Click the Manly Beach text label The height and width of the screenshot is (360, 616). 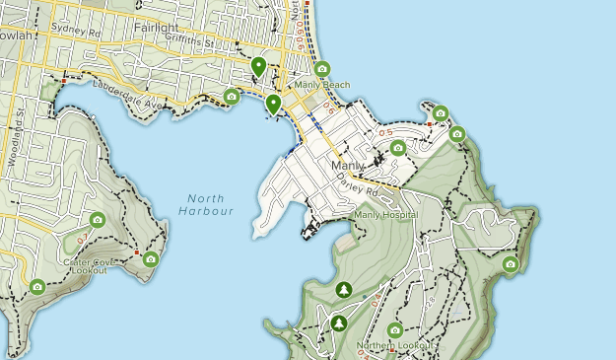coord(321,85)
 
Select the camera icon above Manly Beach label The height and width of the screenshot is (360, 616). coord(322,69)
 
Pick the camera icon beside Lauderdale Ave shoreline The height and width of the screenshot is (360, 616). coord(232,96)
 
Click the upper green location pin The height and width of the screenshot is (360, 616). coord(258,67)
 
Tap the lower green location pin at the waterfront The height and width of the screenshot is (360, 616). coord(273,103)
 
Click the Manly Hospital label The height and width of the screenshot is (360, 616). coord(385,214)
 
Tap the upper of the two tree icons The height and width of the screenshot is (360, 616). coord(343,289)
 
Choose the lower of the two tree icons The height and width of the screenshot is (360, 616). coord(339,323)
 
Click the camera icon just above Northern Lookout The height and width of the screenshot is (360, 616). coord(395,330)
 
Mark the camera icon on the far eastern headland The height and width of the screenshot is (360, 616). coord(510,263)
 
